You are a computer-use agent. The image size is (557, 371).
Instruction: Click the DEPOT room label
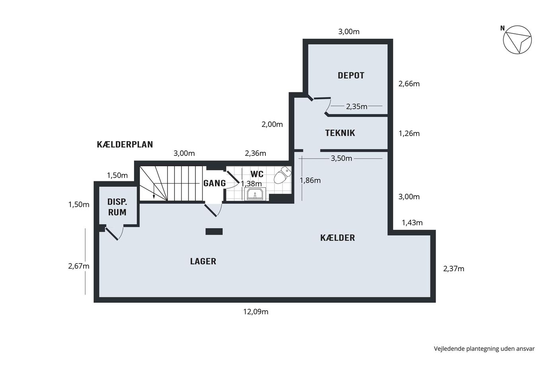coord(351,75)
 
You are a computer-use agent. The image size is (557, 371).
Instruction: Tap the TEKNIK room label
coord(340,133)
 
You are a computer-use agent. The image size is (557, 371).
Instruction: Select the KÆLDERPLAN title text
coord(125,144)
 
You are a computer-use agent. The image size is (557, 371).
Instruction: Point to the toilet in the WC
coord(282,175)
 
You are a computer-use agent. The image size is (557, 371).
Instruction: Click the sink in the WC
coord(255,194)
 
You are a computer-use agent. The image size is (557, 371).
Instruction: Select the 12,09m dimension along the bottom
coord(255,312)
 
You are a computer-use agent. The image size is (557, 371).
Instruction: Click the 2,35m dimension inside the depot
coord(356,106)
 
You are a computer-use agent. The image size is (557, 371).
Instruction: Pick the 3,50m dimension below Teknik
coord(341,158)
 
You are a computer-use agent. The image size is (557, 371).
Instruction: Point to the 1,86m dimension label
coord(310,181)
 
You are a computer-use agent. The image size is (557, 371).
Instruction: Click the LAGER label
coord(203,261)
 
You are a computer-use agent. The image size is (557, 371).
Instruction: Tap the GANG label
coord(214,183)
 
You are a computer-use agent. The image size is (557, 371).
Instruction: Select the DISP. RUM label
coord(117,207)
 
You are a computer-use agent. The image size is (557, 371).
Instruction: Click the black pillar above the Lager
coord(214,231)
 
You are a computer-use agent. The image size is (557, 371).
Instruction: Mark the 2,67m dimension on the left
coord(79,266)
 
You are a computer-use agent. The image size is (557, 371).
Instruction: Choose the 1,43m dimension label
coord(412,223)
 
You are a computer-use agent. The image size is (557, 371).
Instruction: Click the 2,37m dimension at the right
coord(454,269)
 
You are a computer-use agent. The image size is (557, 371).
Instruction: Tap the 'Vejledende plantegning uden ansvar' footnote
coord(484,349)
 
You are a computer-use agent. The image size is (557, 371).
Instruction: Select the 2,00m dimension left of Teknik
coord(272,124)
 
